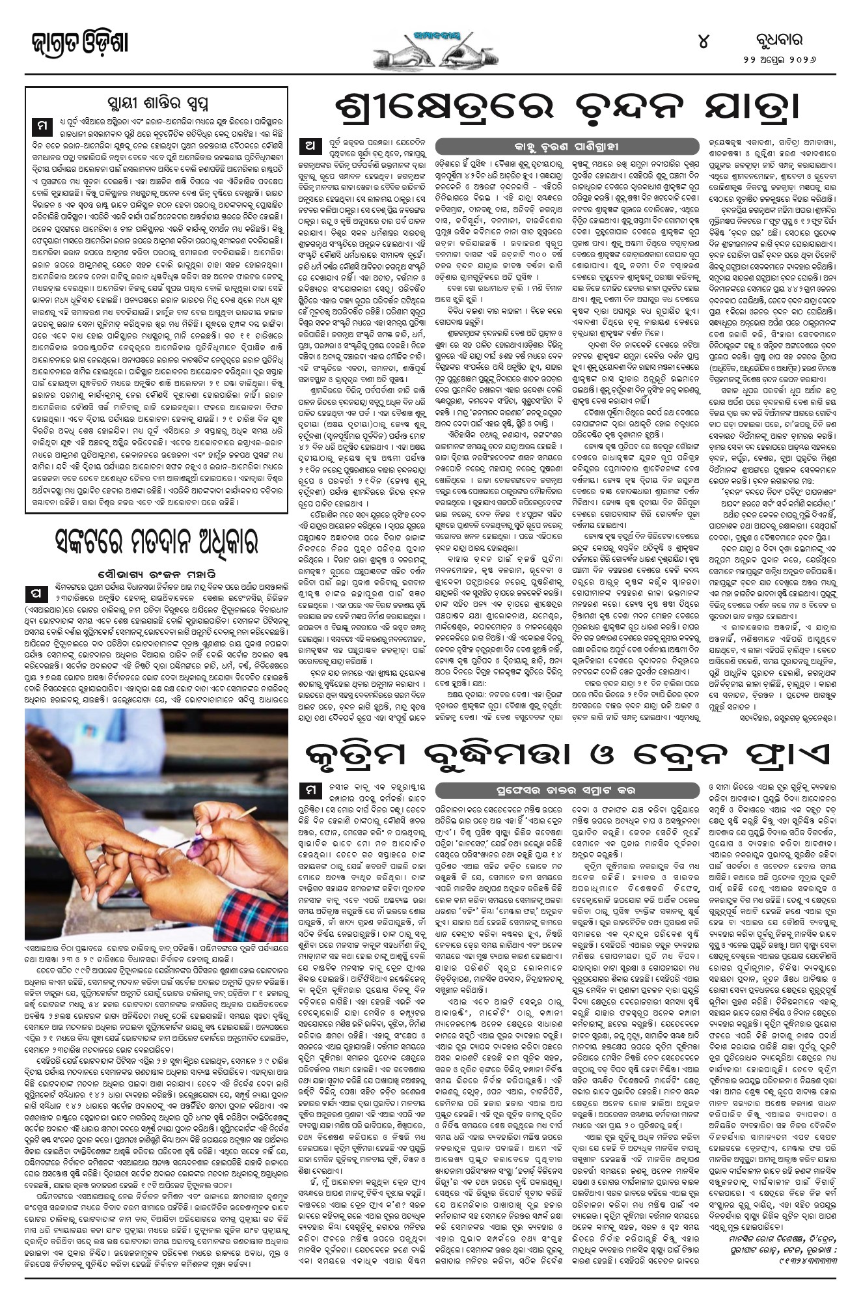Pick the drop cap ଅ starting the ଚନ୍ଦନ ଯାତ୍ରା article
pyautogui.click(x=310, y=145)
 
